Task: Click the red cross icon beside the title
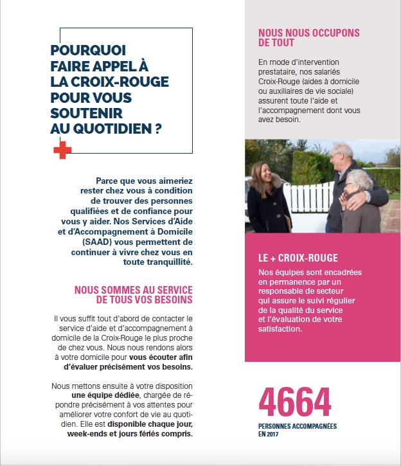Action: click(62, 150)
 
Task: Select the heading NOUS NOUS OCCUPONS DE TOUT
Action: click(308, 38)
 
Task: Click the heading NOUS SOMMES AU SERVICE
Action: click(133, 290)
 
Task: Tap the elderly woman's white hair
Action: click(357, 177)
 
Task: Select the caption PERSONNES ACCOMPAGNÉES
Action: click(298, 426)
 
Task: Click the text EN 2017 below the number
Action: click(271, 435)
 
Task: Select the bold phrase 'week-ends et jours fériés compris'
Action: click(129, 434)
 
